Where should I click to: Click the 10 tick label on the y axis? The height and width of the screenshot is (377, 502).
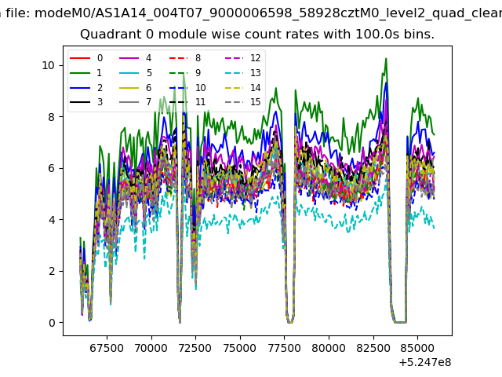tap(48, 65)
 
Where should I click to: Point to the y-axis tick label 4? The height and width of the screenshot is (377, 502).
tap(52, 220)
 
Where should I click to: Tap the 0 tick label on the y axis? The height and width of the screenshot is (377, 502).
tap(52, 323)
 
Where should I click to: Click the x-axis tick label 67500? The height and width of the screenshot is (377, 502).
tap(107, 348)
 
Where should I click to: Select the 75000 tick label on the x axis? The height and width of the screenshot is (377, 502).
tap(240, 348)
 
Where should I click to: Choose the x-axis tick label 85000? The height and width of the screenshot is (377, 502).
tap(417, 348)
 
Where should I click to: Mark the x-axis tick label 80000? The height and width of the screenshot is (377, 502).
tap(329, 348)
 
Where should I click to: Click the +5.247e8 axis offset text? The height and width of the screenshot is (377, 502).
tap(425, 362)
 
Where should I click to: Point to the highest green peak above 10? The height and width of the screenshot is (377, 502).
tap(386, 58)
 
